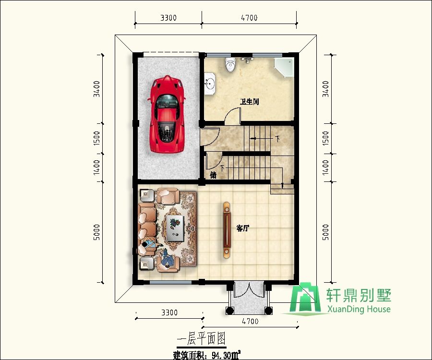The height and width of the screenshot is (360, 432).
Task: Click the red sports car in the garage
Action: [x=167, y=114]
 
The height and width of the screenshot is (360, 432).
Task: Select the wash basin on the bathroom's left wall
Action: [x=210, y=82]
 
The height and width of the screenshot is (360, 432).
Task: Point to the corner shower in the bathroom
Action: [x=284, y=68]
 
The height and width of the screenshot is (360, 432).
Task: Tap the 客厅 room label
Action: [x=243, y=228]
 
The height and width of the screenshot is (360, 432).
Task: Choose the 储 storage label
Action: [x=213, y=176]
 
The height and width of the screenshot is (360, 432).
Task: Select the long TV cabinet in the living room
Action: [x=227, y=230]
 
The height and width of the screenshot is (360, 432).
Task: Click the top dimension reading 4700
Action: [x=249, y=18]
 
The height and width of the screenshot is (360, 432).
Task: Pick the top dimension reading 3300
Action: [x=168, y=18]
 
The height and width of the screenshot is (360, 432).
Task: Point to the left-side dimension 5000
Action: [x=97, y=234]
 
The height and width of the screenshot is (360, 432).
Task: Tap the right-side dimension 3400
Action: [x=326, y=89]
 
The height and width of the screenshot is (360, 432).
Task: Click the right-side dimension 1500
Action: [x=326, y=139]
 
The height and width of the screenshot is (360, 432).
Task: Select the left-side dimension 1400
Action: [x=97, y=168]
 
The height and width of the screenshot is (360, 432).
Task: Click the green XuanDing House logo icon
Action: [x=307, y=300]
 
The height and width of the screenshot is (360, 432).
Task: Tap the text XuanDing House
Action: [x=358, y=309]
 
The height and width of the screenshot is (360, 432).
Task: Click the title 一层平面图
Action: [x=201, y=339]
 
